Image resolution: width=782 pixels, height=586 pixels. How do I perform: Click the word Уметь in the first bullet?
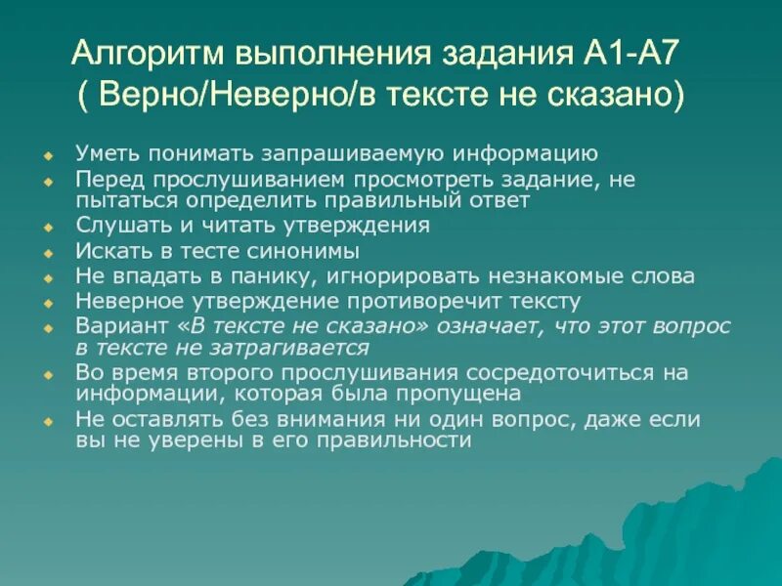pos(103,153)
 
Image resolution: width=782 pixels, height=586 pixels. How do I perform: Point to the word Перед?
pos(105,180)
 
